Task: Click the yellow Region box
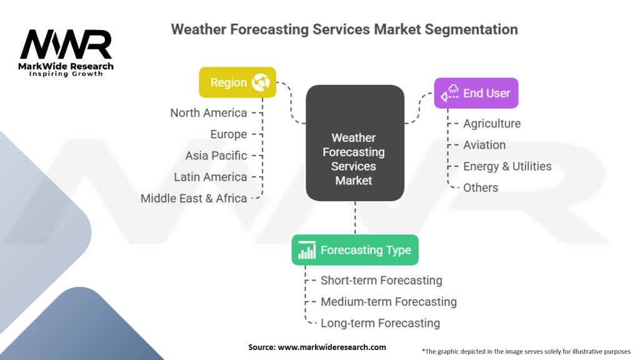pos(237,82)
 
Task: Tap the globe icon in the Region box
pos(261,82)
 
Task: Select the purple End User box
pos(476,93)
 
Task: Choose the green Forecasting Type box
pos(355,250)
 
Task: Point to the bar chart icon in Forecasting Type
pos(307,250)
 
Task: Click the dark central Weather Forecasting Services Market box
pos(355,143)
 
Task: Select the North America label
pos(209,112)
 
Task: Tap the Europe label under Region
pos(229,134)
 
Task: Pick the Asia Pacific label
pos(216,156)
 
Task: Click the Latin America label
pos(211,177)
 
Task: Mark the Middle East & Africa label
pos(194,198)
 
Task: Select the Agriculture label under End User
pos(492,124)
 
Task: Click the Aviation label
pos(484,145)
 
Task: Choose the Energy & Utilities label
pos(507,166)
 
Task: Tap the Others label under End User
pos(481,187)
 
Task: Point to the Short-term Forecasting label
pos(382,281)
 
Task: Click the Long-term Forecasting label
pos(381,323)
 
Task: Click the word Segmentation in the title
pos(471,29)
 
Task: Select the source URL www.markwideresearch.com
pos(332,347)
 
